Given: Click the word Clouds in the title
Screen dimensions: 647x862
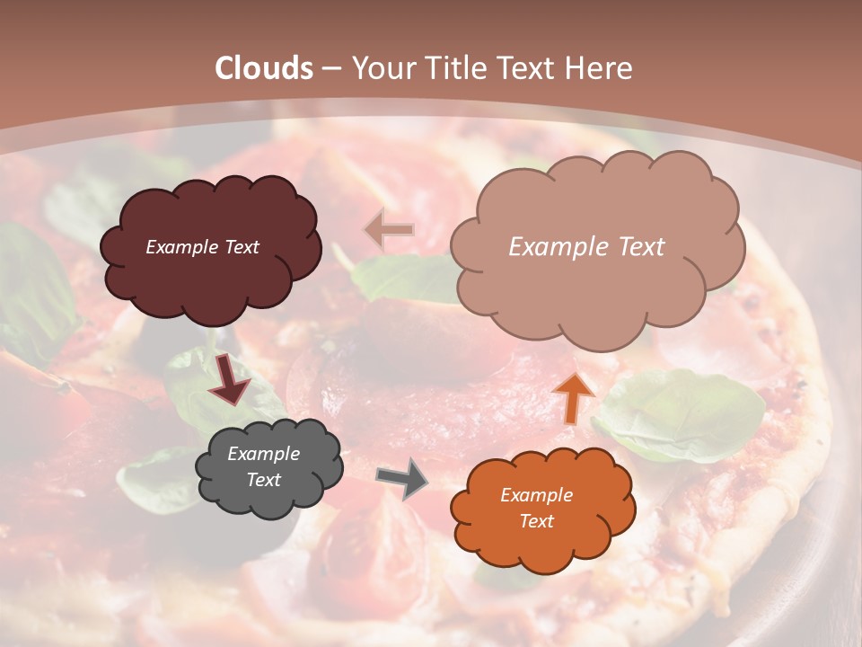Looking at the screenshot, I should pyautogui.click(x=264, y=68).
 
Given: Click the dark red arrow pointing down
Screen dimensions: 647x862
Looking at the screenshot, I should pyautogui.click(x=230, y=378).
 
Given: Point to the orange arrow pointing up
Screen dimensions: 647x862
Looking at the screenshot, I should pyautogui.click(x=572, y=397).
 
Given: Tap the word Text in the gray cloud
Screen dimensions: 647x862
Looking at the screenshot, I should pyautogui.click(x=263, y=480).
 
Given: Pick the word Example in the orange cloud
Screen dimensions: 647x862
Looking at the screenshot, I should pyautogui.click(x=536, y=495).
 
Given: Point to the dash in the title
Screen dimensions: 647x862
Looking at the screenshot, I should pyautogui.click(x=330, y=69).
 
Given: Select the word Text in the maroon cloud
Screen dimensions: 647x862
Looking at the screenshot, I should pyautogui.click(x=242, y=247).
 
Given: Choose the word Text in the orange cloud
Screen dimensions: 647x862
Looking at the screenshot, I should pyautogui.click(x=536, y=521).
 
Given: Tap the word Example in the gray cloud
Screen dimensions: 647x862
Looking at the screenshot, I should pyautogui.click(x=263, y=454).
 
